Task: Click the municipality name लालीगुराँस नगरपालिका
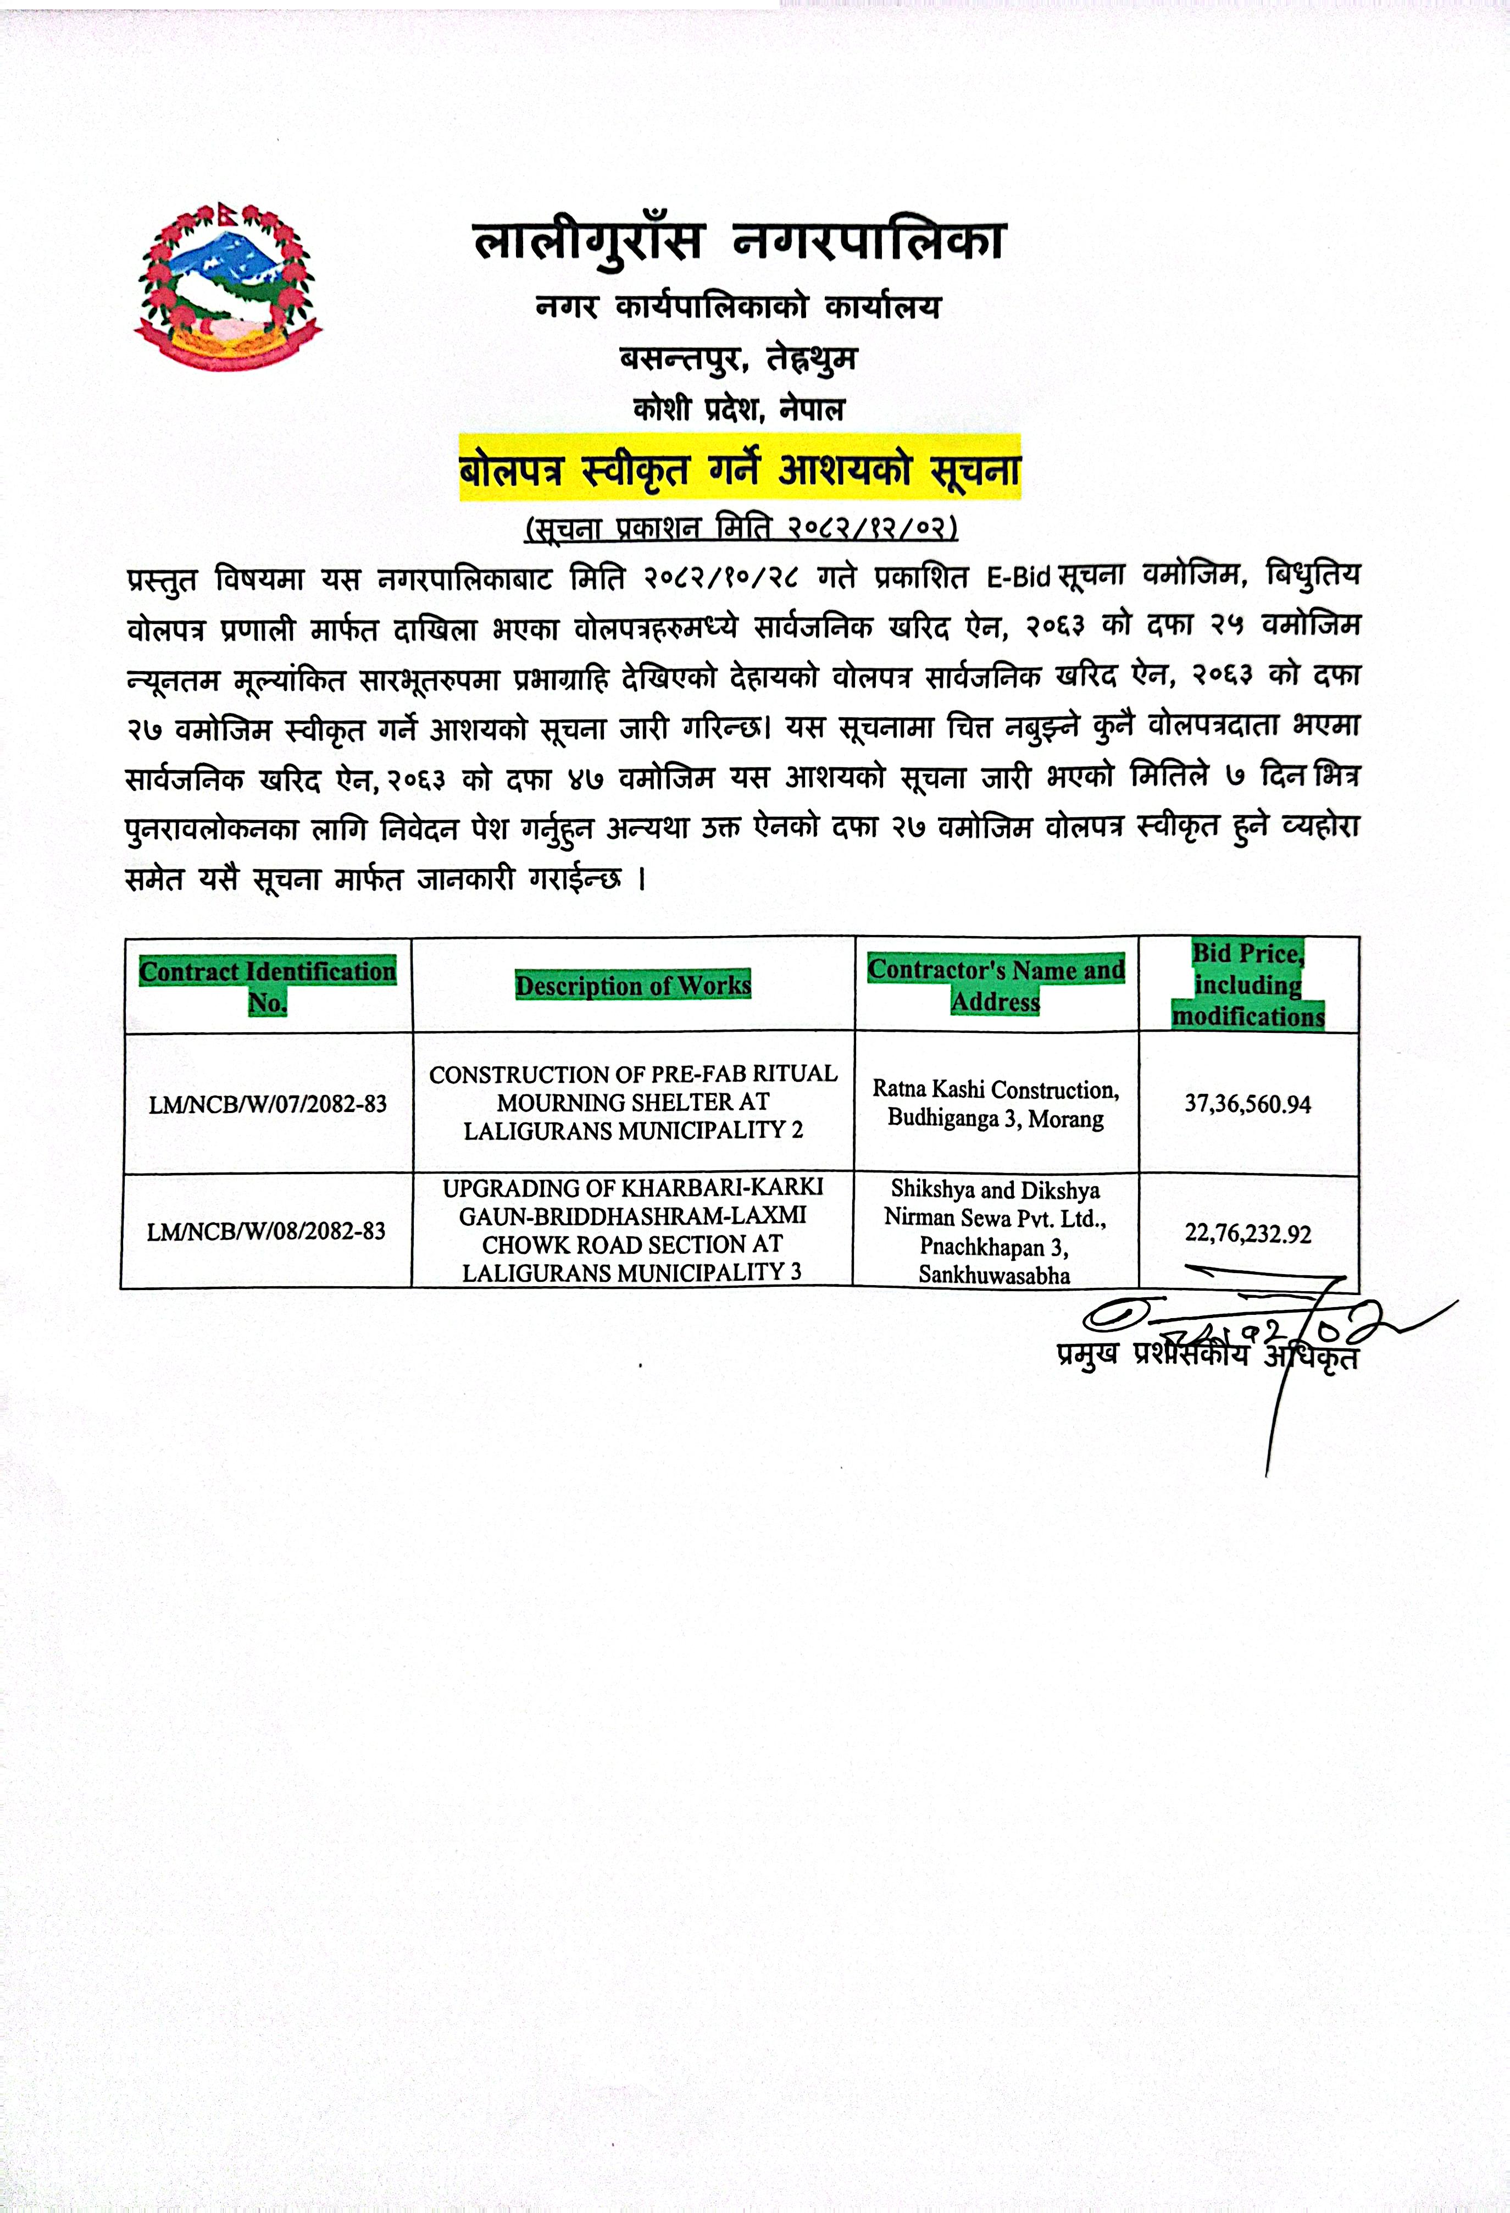coord(740,241)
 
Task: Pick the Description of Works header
coord(633,986)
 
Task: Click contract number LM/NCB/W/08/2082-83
coord(267,1232)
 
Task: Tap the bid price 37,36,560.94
coord(1247,1105)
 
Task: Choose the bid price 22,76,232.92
coord(1247,1234)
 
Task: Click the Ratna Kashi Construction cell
coord(996,1104)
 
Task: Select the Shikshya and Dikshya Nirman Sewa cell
coord(995,1232)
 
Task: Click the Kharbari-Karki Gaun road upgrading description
coord(633,1230)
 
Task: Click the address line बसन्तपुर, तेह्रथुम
coord(739,359)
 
